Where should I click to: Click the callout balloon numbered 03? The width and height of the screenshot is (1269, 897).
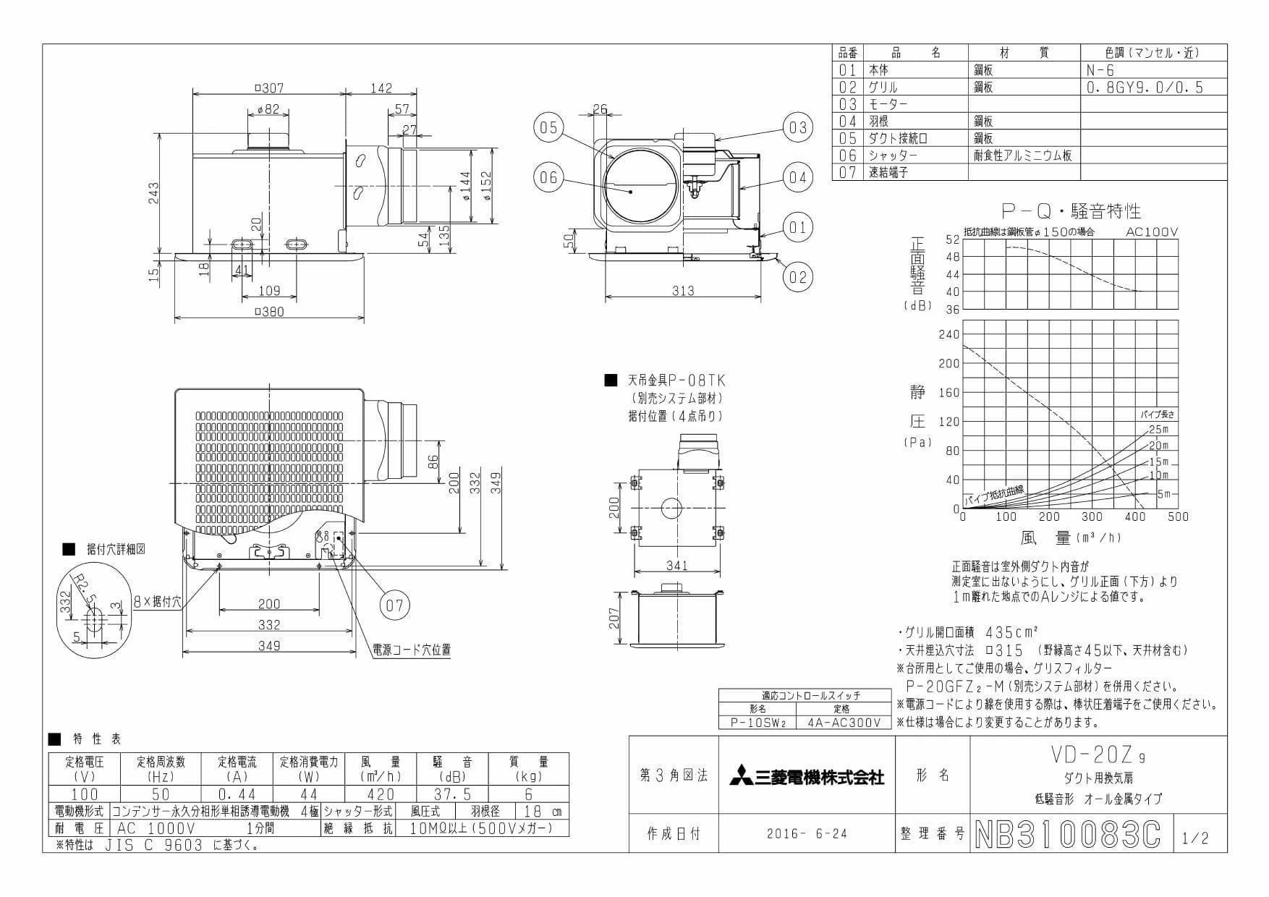tap(797, 128)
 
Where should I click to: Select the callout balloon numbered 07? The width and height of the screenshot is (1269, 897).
tap(394, 605)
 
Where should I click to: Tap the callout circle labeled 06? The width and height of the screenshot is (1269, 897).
tap(548, 177)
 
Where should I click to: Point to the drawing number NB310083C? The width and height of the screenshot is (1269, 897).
tap(1068, 834)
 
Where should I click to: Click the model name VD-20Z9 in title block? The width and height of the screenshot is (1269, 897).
tap(1097, 756)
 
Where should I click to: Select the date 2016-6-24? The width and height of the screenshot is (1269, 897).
tap(807, 834)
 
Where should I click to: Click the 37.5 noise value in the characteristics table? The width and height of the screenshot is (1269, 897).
tap(452, 794)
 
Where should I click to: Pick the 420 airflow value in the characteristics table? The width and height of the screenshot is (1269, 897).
tap(381, 794)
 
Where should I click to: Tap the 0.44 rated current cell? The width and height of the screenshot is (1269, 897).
tap(237, 794)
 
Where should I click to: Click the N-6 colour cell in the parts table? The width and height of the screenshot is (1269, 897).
tap(1100, 70)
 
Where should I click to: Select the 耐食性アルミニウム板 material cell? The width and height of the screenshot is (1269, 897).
tap(1022, 156)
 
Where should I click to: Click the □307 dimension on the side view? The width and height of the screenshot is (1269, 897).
tap(269, 88)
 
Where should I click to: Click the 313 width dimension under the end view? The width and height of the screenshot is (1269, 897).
tap(683, 291)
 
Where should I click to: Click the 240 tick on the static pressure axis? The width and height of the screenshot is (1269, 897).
tap(948, 334)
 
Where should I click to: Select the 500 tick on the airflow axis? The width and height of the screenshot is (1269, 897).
tap(1178, 516)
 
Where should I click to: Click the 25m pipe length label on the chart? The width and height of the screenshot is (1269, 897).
tap(1158, 429)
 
